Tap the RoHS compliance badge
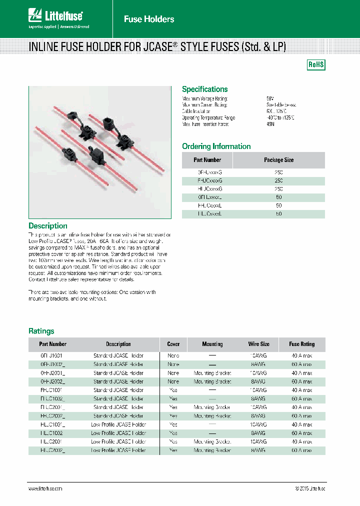click(315, 65)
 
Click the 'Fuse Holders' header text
click(149, 19)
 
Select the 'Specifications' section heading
click(204, 89)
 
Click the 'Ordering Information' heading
click(216, 146)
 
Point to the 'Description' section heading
click(48, 226)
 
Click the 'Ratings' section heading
click(41, 331)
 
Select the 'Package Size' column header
click(278, 160)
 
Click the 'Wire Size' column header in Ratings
click(258, 344)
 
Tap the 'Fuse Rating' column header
click(301, 344)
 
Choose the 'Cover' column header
click(173, 344)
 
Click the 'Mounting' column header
click(212, 344)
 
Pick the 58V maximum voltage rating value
click(270, 99)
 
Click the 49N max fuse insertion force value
click(270, 124)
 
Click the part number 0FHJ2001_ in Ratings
click(52, 373)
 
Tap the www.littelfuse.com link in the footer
click(45, 488)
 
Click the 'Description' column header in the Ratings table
click(118, 344)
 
